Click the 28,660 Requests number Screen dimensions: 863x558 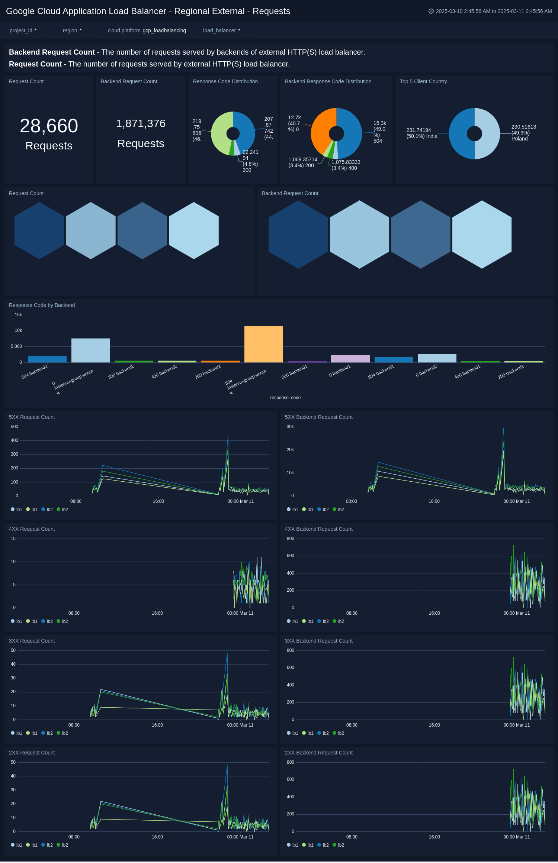[x=49, y=126]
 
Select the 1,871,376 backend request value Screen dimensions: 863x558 [x=141, y=123]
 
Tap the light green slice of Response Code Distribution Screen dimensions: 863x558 [x=221, y=134]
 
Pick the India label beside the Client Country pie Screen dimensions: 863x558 [x=421, y=133]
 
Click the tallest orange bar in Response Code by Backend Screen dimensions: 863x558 [x=263, y=344]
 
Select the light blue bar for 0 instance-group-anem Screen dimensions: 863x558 [x=90, y=350]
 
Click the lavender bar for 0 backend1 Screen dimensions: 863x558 [x=350, y=359]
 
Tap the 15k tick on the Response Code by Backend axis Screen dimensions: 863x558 [x=18, y=315]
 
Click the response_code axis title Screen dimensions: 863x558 [x=285, y=398]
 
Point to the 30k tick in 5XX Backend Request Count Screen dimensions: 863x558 [x=290, y=427]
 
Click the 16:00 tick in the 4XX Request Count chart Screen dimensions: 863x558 [x=157, y=613]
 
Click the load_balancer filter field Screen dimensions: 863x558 [x=247, y=30]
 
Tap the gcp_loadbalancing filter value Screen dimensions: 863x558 [x=164, y=30]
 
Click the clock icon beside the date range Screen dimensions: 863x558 [x=431, y=11]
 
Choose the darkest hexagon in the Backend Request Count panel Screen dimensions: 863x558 [x=298, y=235]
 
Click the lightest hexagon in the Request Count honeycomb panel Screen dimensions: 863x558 [x=194, y=230]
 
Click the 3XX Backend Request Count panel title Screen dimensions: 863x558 [x=318, y=641]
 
